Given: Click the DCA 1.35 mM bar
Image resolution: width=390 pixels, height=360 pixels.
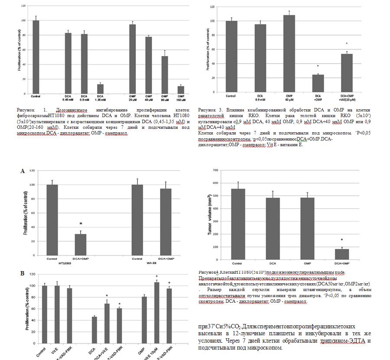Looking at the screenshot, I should tap(99, 88).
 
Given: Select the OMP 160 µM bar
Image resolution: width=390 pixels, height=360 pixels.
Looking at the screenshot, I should tap(181, 89).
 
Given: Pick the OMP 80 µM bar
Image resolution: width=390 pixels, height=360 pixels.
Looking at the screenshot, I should tap(164, 74).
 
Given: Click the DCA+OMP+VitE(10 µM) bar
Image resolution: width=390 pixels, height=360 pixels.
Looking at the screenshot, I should tap(346, 73).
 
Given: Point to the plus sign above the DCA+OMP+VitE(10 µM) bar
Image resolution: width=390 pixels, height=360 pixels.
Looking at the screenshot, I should tap(347, 43).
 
